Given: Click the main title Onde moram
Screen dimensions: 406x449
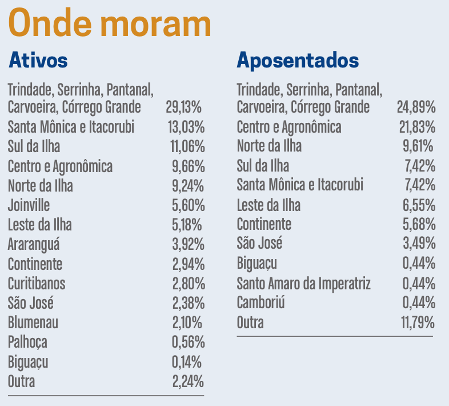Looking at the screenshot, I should pos(110,24).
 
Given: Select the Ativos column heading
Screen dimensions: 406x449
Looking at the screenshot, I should pos(38,60).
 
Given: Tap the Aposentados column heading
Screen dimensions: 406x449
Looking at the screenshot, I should pos(298,60).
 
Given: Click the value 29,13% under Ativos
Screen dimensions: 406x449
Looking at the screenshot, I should pos(183,107).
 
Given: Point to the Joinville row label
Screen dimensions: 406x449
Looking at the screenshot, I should pos(29,205).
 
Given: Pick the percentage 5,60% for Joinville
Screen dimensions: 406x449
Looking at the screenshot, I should pos(188,205).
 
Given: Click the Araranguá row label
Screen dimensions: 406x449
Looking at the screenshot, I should pos(34,245).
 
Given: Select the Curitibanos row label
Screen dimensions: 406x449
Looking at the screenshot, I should pos(37,284).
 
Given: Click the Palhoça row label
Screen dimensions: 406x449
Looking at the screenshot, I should pos(27,342).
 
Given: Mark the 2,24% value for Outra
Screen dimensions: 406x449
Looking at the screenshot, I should pos(188,381).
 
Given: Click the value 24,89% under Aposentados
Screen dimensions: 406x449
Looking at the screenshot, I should pos(416,107).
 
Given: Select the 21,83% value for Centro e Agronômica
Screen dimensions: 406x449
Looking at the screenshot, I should pos(416,127).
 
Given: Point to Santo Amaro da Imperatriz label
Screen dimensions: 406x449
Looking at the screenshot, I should pos(304,284).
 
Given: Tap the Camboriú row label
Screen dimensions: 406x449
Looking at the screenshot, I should pos(260,303).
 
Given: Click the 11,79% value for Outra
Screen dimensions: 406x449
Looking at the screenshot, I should pos(418,323).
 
